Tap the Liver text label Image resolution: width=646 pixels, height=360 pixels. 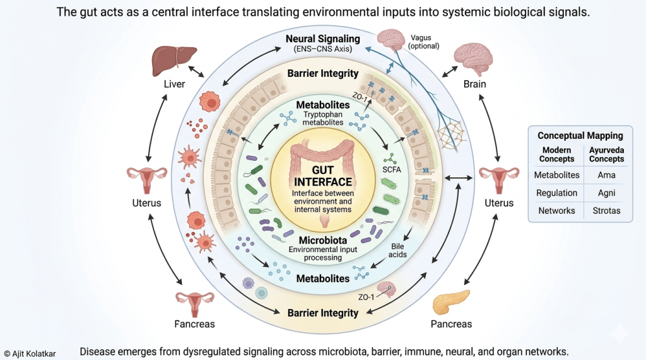coord(174,84)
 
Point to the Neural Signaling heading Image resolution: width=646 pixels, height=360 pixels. coord(322,39)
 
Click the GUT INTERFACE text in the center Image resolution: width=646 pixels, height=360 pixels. coord(322,176)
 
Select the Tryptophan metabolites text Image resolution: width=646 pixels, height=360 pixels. coord(322,118)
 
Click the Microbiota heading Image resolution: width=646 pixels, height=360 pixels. coord(322,240)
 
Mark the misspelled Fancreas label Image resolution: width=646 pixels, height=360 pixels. coord(195,324)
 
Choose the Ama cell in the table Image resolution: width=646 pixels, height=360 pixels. coord(606,175)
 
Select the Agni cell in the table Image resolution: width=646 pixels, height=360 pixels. coord(606,193)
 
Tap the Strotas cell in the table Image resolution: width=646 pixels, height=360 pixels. coord(606,211)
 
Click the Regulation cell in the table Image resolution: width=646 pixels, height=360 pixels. coord(556,193)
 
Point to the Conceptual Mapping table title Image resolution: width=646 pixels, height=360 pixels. coord(580,136)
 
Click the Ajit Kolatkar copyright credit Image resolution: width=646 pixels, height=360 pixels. coord(30,354)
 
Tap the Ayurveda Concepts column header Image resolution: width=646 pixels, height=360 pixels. coord(606,154)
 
